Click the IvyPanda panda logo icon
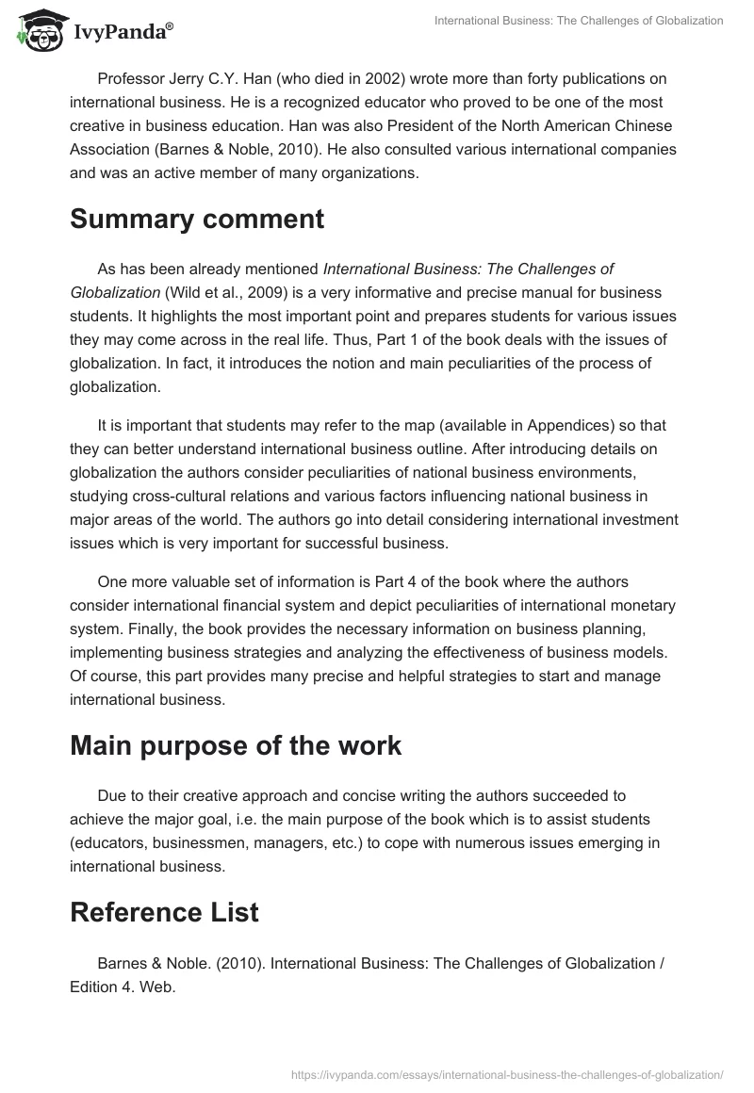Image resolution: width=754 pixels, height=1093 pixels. pos(37,31)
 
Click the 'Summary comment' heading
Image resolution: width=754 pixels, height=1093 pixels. pos(197,220)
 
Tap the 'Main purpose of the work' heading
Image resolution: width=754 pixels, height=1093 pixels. pos(236,745)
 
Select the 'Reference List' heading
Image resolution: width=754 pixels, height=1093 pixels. pos(164,912)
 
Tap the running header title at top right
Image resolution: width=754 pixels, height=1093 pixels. pos(579,20)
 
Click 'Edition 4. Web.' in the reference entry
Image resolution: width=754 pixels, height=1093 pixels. pos(123,987)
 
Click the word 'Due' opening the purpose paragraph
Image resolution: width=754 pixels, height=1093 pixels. pos(111,796)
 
